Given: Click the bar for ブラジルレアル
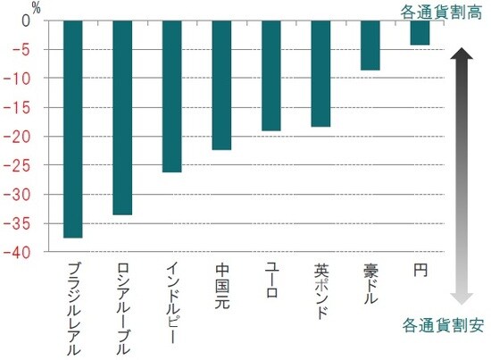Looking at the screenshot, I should coord(74,130).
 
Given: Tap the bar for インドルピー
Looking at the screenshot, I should coord(172,96).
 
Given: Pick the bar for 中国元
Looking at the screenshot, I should coord(222,86).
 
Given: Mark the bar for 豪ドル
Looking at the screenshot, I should coord(370,46).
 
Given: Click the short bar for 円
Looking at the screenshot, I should coord(420,33).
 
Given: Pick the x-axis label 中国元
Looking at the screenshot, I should coord(222,282).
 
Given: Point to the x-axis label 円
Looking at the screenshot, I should coord(420,268).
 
